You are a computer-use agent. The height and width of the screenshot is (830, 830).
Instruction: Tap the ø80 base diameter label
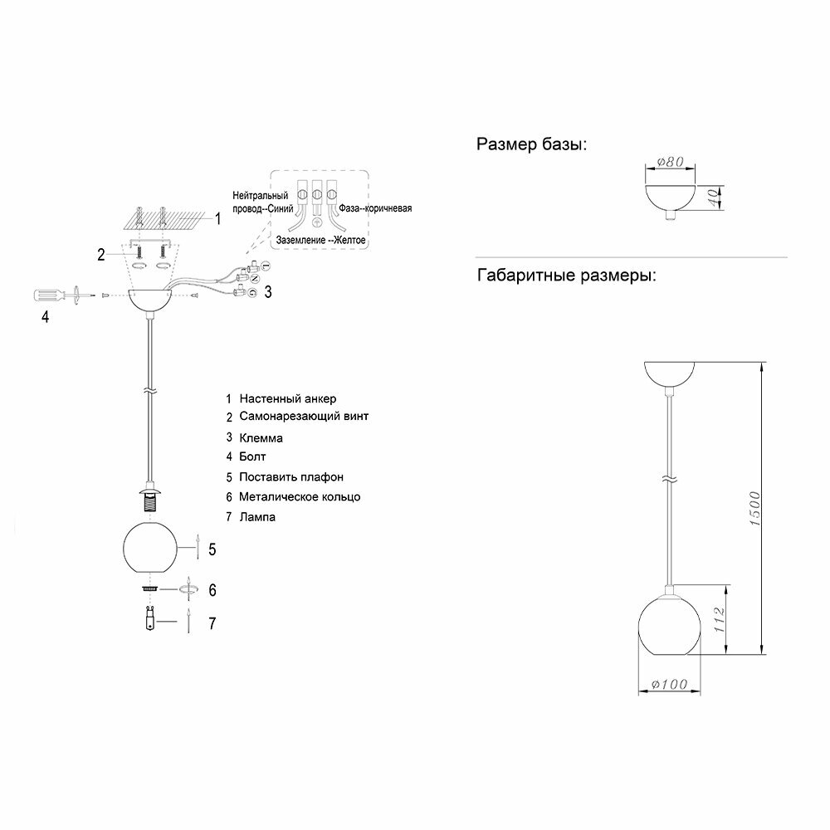pos(670,163)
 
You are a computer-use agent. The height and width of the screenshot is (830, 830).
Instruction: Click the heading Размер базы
pos(531,145)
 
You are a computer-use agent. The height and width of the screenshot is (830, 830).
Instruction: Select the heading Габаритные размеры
pos(566,275)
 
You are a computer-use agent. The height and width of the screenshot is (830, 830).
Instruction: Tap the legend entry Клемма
pos(261,437)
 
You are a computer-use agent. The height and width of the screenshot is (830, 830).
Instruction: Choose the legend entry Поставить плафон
pos(290,477)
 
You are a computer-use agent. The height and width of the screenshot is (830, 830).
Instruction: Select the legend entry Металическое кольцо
pos(299,497)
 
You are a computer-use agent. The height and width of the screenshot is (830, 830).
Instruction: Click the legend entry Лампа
pos(256,517)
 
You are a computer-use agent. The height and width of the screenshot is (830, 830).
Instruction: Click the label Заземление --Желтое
pos(320,239)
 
